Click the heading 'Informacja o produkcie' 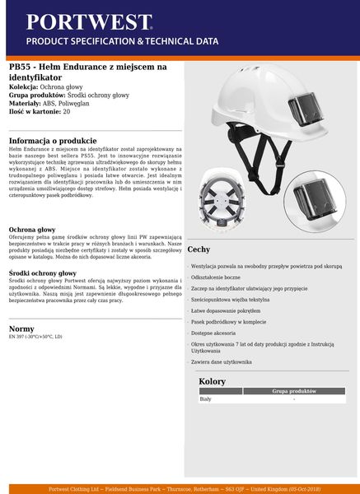pos(54,140)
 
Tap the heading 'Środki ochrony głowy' pos(43,273)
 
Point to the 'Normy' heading pos(21,328)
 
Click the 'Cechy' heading pos(199,249)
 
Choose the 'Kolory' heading pos(213,381)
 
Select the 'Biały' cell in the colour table pos(206,399)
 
